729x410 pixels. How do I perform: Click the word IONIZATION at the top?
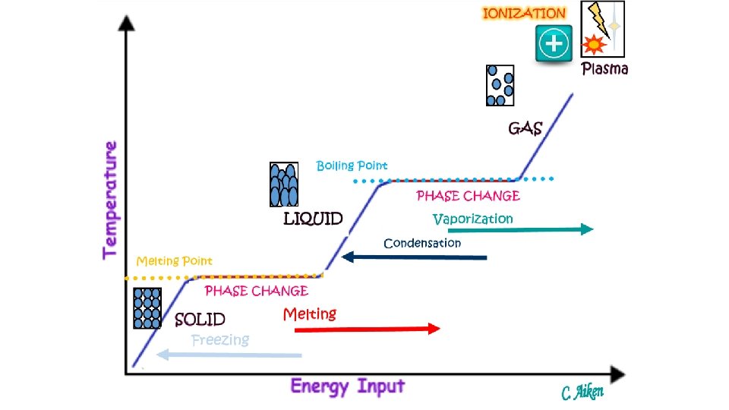[524, 14]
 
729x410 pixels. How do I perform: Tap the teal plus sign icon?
[554, 44]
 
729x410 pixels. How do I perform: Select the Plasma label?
[604, 69]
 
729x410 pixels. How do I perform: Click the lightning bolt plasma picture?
[602, 29]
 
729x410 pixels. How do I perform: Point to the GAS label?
[525, 128]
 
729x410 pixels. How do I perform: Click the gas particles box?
[500, 85]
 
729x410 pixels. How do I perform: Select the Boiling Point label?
[352, 166]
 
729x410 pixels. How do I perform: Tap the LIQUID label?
[313, 219]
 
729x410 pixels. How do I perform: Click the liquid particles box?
[284, 184]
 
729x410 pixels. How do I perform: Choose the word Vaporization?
[472, 219]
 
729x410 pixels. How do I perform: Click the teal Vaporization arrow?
[520, 229]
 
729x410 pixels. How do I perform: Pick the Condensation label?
[422, 243]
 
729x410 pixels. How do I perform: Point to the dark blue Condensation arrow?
[414, 257]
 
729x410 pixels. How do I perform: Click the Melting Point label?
[174, 261]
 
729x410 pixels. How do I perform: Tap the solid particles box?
[147, 307]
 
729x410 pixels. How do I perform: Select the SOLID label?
[200, 320]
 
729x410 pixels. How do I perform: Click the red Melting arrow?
[361, 329]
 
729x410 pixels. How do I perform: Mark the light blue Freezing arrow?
[229, 355]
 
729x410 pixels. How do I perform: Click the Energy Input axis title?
[348, 386]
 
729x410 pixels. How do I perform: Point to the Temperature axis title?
[111, 199]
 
